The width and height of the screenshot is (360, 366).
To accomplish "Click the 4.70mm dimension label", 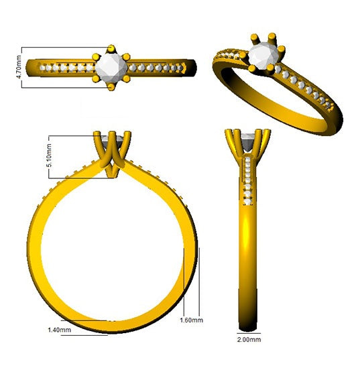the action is (19, 67).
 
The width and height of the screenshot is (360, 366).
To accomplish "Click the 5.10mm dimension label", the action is (49, 156).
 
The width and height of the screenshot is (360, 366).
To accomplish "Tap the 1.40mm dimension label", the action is (59, 330).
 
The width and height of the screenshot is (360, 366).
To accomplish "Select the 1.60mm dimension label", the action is (192, 320).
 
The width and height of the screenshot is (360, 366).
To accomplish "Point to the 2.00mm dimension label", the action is (249, 339).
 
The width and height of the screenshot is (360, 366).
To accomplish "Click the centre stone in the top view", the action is (111, 68).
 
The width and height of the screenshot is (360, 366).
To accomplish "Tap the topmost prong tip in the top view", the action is (111, 48).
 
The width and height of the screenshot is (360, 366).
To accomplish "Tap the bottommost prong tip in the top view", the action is (111, 87).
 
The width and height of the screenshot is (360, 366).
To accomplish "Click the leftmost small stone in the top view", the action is (42, 68).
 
